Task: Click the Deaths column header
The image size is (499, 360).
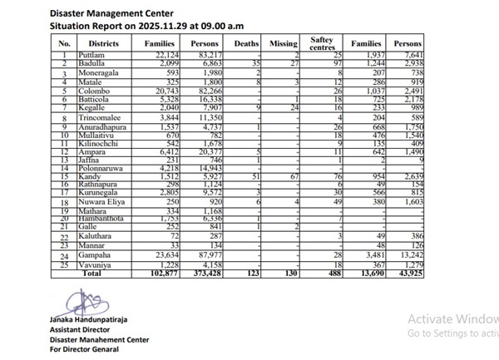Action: tap(247, 42)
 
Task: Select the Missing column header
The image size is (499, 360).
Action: tap(283, 42)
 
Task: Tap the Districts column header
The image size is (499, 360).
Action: tap(108, 42)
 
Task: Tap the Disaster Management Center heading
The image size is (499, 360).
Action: tap(111, 13)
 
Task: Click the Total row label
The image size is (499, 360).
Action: tap(91, 272)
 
